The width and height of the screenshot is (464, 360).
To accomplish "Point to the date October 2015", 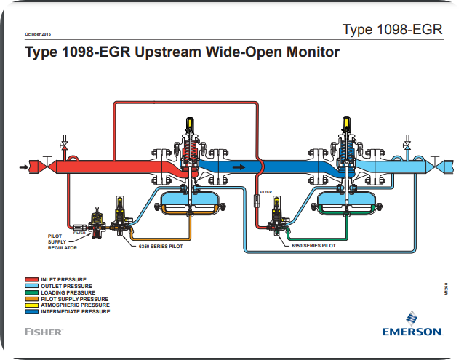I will click(x=38, y=34).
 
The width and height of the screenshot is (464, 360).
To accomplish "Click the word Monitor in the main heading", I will click(x=306, y=52).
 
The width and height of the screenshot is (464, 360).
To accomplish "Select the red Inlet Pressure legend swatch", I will click(x=31, y=279).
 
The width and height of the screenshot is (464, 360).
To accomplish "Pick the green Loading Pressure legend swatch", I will click(x=31, y=292).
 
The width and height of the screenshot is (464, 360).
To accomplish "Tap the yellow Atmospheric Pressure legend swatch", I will click(x=31, y=305).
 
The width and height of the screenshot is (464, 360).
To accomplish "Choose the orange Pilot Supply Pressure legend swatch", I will click(x=31, y=299).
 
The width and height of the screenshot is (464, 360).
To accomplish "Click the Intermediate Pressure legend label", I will click(x=76, y=311).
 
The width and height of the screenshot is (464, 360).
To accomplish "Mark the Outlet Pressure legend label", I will click(x=67, y=286).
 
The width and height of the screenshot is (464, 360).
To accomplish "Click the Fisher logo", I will click(x=43, y=332).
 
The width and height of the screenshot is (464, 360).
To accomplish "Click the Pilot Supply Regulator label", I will click(x=63, y=242).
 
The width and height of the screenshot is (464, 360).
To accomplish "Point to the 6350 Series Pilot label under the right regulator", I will click(x=313, y=246).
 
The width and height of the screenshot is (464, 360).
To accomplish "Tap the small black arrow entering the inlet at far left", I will click(x=24, y=167).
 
